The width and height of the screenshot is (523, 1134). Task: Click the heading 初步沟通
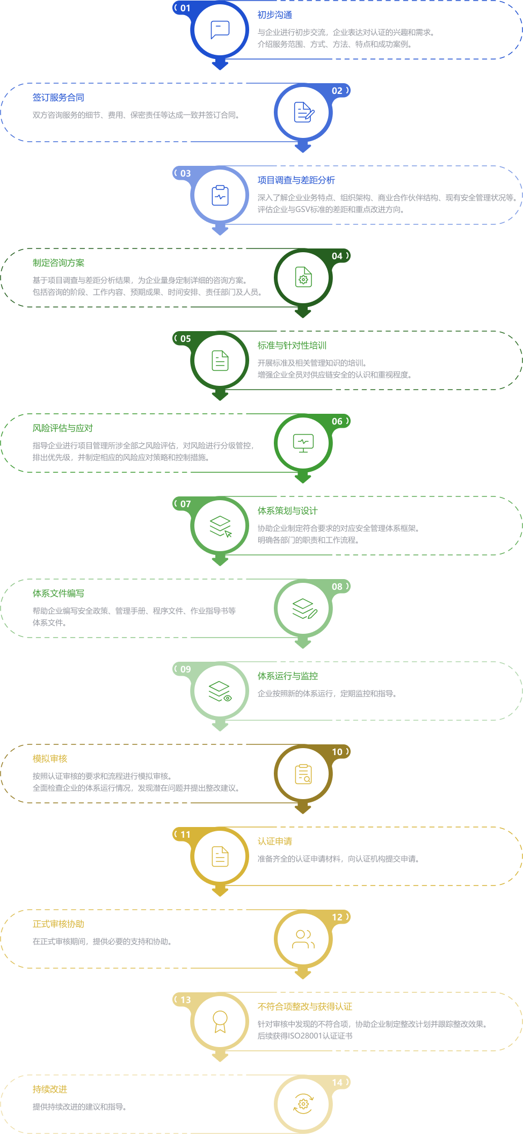[x=275, y=15]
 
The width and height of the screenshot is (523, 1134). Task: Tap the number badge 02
[x=337, y=91]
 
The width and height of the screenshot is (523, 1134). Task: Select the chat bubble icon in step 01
[x=220, y=30]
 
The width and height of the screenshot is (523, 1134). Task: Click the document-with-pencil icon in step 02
[x=304, y=112]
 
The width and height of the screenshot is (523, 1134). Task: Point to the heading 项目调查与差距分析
[x=296, y=180]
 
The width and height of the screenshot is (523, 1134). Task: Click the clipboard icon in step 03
[x=220, y=195]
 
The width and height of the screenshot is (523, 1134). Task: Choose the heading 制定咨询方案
[x=59, y=263]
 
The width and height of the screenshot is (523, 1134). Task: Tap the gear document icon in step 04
[x=303, y=277]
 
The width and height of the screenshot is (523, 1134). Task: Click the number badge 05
[x=185, y=339]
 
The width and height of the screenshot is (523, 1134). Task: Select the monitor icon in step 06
[x=303, y=443]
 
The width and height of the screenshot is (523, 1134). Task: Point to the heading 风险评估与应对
[x=63, y=428]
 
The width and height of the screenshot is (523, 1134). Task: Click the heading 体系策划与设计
[x=288, y=511]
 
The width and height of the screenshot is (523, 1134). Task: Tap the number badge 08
[x=337, y=587]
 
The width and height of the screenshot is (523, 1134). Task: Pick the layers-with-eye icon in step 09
[x=220, y=691]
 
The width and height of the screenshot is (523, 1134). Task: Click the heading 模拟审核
[x=50, y=759]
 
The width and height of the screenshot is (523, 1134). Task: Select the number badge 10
[x=337, y=752]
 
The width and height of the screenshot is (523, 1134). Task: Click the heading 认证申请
[x=275, y=842]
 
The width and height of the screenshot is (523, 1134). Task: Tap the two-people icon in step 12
[x=303, y=939]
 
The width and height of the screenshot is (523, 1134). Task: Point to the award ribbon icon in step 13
[x=220, y=1022]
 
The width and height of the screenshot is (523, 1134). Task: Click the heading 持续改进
[x=50, y=1089]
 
